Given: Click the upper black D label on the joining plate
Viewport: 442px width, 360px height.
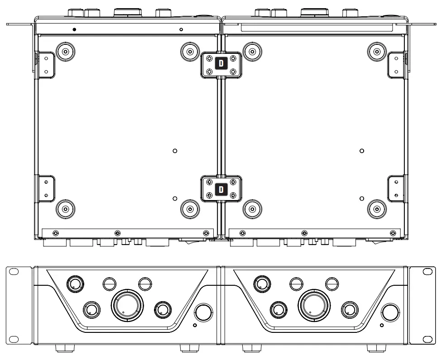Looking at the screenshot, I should tap(221, 63).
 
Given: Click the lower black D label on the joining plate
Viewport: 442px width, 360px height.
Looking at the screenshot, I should tap(221, 189).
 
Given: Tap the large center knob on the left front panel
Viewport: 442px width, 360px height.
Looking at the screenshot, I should tap(127, 304).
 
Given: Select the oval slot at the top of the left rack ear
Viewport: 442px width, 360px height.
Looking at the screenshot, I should tap(14, 271).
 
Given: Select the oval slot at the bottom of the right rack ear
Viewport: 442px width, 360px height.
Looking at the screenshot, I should tap(428, 338).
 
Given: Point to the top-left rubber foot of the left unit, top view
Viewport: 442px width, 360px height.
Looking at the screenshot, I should tap(66, 52).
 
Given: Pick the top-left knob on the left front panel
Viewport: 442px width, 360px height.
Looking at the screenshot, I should tap(75, 284).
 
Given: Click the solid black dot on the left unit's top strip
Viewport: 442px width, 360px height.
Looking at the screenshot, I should tap(74, 29).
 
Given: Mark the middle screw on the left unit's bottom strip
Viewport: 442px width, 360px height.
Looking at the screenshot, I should tap(117, 233).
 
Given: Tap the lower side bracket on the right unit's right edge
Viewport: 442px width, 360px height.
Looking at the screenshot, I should tap(396, 187).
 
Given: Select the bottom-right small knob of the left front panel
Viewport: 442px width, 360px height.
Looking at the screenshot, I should tap(163, 310).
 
